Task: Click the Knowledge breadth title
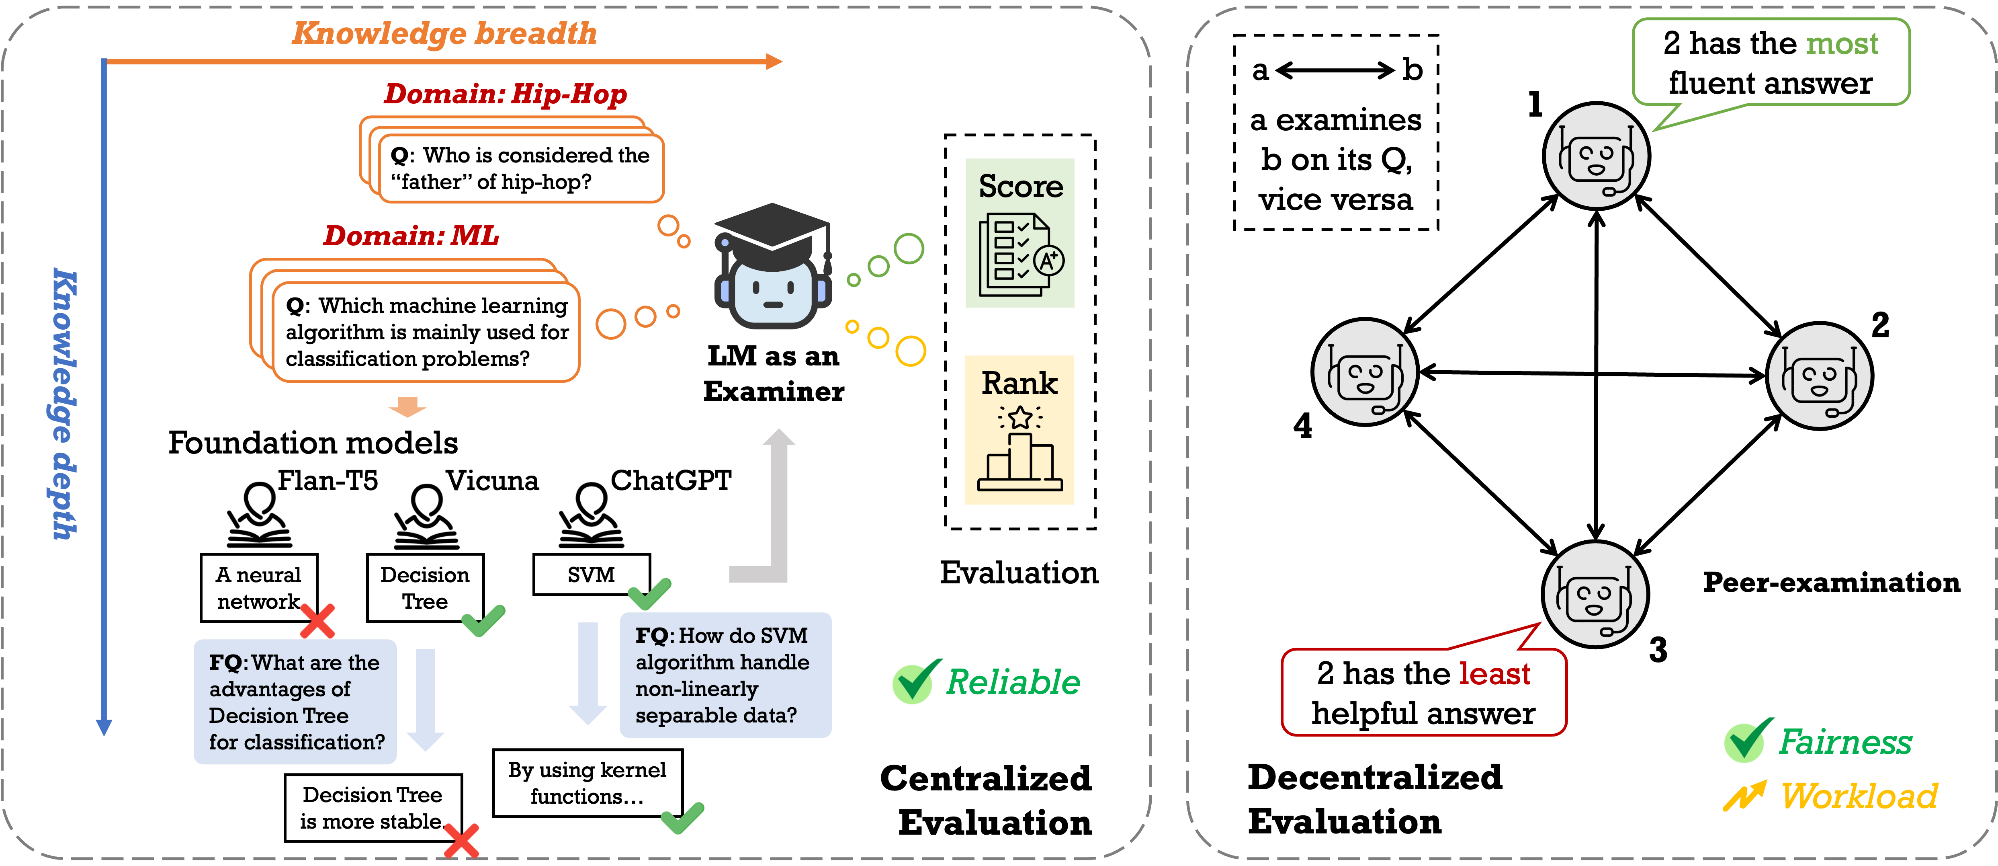tap(444, 33)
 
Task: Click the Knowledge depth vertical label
tap(63, 404)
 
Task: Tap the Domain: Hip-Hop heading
tap(505, 94)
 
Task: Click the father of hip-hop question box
tap(520, 168)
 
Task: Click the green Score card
tap(1019, 233)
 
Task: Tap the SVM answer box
tap(591, 575)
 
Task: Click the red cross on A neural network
tap(317, 621)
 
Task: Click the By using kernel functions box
tap(587, 782)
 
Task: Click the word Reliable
tap(1013, 682)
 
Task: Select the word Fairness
tap(1845, 742)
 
